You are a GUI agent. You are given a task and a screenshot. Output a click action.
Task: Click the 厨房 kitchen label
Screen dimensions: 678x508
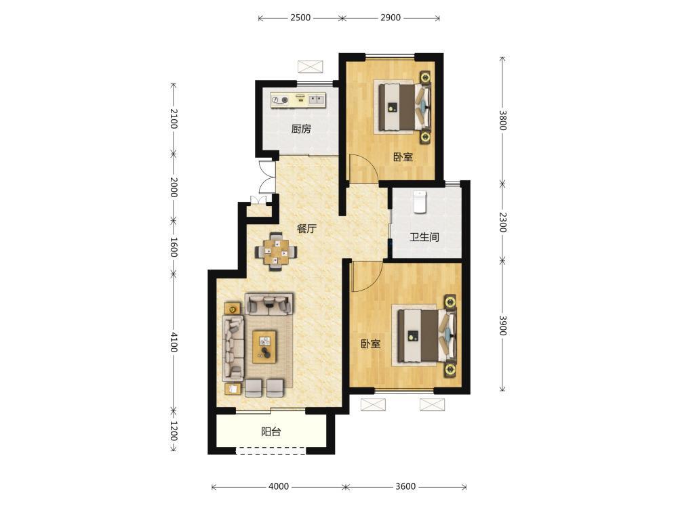(x=301, y=129)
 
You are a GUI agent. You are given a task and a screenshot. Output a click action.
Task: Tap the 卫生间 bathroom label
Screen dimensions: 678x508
(x=424, y=236)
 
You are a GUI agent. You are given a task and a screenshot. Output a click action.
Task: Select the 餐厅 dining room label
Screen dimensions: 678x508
(x=306, y=228)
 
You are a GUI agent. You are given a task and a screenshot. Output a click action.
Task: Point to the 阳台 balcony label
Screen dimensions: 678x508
(x=271, y=431)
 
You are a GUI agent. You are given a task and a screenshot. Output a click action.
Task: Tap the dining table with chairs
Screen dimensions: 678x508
(x=275, y=251)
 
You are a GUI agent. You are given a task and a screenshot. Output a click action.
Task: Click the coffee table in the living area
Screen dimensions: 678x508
(x=264, y=347)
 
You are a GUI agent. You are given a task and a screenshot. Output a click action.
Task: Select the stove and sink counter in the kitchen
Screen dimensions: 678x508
(x=298, y=100)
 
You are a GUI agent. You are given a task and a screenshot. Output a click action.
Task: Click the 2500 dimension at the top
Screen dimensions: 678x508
(x=300, y=18)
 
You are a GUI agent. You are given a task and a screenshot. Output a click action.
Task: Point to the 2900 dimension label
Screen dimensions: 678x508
(x=391, y=18)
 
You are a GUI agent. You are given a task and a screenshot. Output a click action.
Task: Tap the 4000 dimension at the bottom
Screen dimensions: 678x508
(x=279, y=486)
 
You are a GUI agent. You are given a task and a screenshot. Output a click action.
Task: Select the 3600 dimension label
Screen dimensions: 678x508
(x=405, y=486)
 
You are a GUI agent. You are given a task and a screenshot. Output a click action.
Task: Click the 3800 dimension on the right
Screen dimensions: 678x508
(x=502, y=120)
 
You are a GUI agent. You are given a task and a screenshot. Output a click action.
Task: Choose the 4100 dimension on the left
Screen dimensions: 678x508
(x=174, y=341)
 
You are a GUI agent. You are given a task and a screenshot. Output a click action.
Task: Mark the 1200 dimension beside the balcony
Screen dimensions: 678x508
(x=174, y=431)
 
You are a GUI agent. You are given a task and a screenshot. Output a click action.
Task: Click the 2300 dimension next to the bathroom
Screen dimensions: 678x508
(x=502, y=222)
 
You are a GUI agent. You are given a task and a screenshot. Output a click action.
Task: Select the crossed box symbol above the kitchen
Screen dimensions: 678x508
(x=311, y=67)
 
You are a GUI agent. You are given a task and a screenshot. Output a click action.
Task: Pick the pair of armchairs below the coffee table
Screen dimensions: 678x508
(x=264, y=387)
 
